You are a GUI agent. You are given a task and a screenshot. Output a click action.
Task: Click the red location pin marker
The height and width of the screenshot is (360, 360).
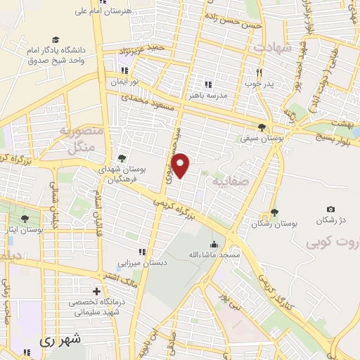coord(181,164)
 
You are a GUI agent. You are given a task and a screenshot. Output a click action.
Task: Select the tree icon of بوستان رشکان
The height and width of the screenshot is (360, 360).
coord(274,213)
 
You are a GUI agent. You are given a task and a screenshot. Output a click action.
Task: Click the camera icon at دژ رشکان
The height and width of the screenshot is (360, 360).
coord(331,209)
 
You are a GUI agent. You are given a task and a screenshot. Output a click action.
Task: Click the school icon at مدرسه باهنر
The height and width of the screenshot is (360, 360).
coord(207,85)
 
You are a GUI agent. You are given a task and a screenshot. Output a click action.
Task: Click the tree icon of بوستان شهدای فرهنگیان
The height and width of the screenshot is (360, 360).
coord(122,158)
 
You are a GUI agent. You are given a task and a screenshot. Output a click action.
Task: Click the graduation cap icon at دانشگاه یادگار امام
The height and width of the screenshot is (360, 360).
coord(55,41)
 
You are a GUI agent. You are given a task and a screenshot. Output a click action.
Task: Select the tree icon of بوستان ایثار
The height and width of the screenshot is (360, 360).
coord(25,219)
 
